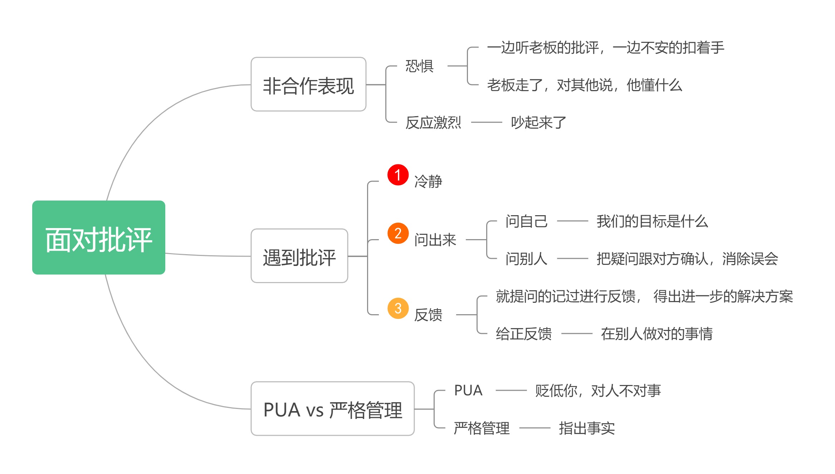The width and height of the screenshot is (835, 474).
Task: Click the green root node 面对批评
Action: click(x=98, y=238)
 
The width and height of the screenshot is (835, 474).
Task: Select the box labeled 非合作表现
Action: click(x=308, y=85)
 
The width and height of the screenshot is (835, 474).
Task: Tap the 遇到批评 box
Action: click(x=299, y=256)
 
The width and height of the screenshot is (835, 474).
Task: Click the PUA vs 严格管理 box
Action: click(x=332, y=409)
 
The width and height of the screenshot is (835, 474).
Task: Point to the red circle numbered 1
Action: click(x=398, y=175)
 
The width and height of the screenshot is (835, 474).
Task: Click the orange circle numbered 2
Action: click(x=398, y=233)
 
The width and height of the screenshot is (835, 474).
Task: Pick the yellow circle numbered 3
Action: click(x=398, y=308)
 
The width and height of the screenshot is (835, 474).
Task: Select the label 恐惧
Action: click(x=419, y=66)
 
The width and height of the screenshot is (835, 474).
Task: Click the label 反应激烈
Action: click(x=433, y=123)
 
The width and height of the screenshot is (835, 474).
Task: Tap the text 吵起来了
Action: click(x=538, y=123)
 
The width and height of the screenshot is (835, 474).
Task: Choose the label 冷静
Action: click(x=428, y=181)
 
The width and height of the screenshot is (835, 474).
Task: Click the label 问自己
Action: click(x=526, y=221)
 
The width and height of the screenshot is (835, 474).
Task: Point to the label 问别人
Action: click(x=526, y=259)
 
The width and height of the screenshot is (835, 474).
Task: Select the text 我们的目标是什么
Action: click(x=652, y=221)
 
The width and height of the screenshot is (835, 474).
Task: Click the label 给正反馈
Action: click(x=523, y=334)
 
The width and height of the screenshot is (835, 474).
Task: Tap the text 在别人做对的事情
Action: click(x=656, y=334)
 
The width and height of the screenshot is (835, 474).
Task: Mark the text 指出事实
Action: click(x=587, y=428)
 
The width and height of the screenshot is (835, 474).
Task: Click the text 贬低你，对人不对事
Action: click(x=598, y=391)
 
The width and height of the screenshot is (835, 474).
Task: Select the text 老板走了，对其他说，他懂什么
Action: click(x=584, y=85)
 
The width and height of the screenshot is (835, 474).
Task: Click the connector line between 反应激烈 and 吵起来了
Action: click(x=487, y=122)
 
